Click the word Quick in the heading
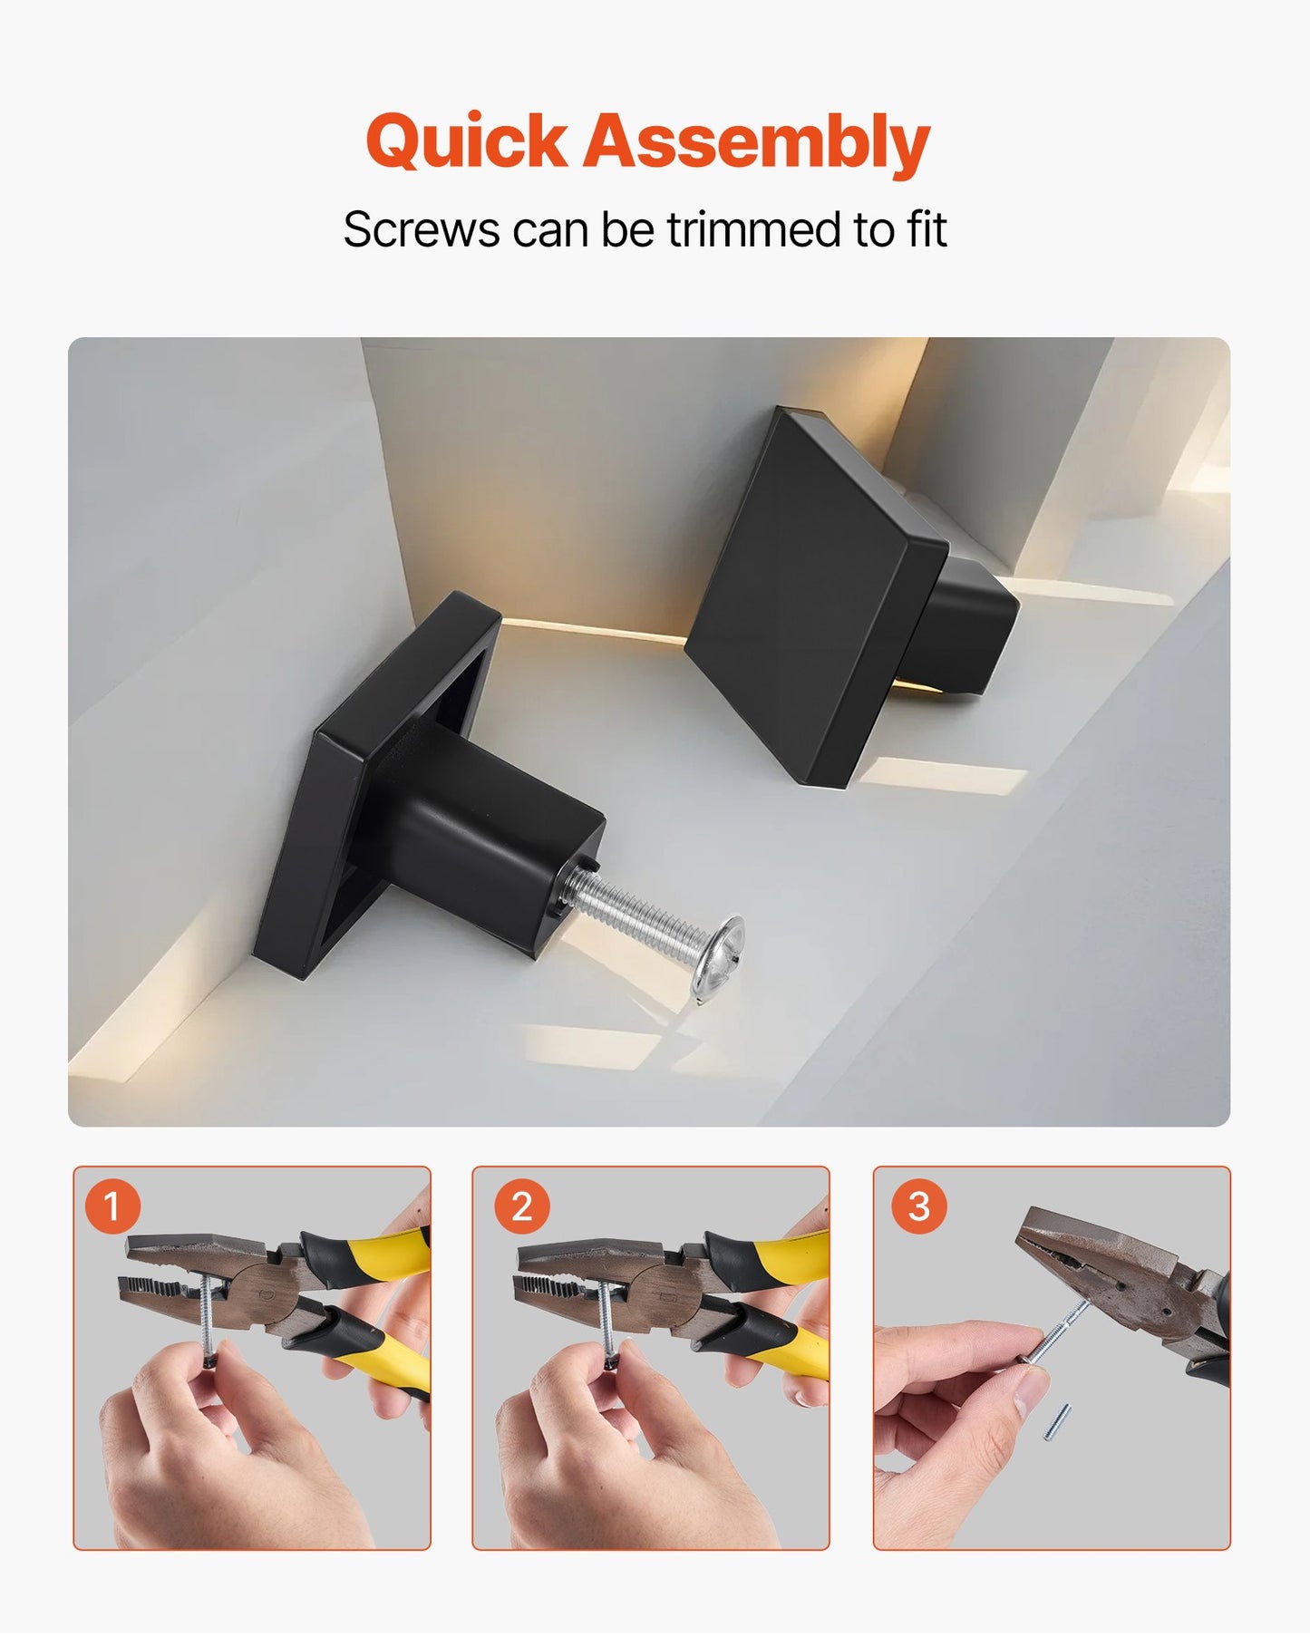tap(466, 143)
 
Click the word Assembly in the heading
tap(756, 143)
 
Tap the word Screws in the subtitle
tap(421, 229)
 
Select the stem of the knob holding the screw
tap(490, 843)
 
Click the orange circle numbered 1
tap(112, 1206)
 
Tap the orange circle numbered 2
tap(521, 1206)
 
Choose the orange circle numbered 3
tap(918, 1206)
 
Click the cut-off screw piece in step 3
tap(1056, 1421)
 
